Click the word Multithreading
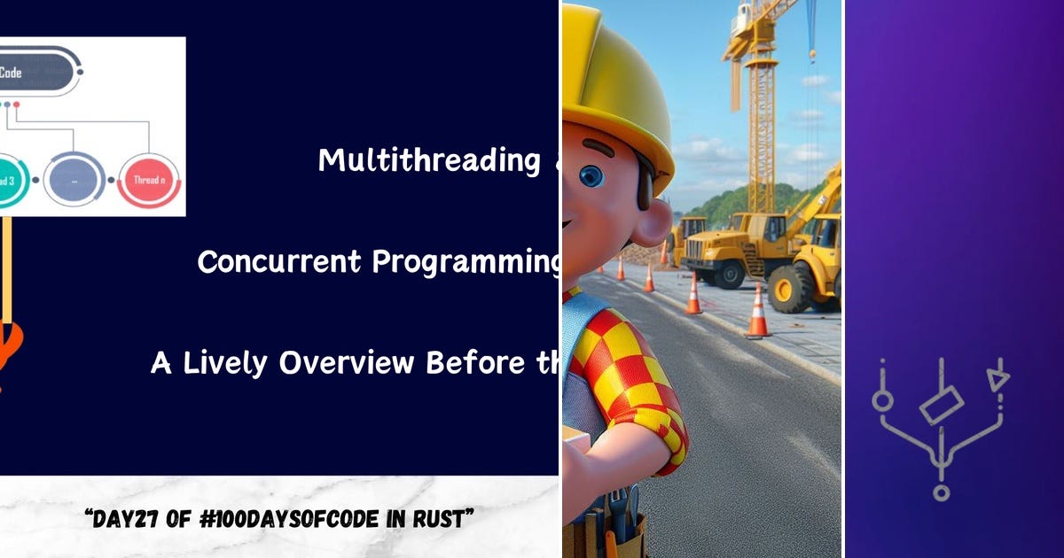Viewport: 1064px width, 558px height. coord(429,160)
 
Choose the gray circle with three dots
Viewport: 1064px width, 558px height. coord(74,180)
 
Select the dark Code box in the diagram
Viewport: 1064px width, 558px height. coord(35,74)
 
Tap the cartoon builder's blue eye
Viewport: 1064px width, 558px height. coord(591,175)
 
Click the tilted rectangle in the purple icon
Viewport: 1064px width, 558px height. coord(941,407)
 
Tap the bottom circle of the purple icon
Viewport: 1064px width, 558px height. coord(941,492)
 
